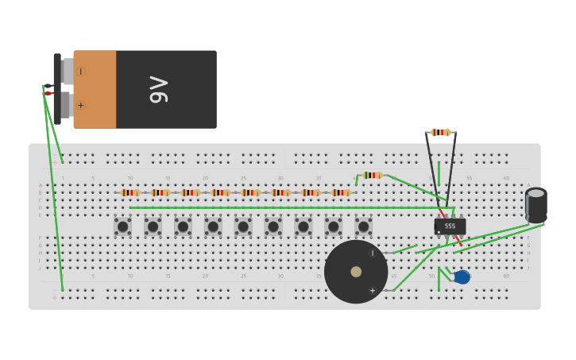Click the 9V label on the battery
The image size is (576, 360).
coord(158,89)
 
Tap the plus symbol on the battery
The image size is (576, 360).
coord(80,105)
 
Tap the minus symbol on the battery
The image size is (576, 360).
coord(80,71)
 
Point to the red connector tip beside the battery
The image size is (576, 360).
coord(48,94)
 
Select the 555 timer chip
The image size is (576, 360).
coord(450,226)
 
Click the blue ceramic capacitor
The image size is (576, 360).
coord(462,277)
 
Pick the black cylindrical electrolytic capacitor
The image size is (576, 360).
coord(536,204)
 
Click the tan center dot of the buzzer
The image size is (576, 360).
coord(356,272)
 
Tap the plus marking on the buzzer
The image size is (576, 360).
coord(372,290)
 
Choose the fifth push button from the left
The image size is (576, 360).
coord(243,226)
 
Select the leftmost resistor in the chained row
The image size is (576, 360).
coord(130,192)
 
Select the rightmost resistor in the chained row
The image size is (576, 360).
coord(341,192)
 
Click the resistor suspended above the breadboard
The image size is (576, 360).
coord(440,133)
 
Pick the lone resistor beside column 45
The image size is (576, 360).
coord(372,175)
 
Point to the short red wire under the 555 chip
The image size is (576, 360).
coord(457,239)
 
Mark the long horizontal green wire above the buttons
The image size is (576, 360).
coord(286,208)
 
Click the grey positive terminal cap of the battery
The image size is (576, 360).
coord(67,105)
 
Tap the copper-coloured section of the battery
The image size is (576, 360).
coord(95,89)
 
